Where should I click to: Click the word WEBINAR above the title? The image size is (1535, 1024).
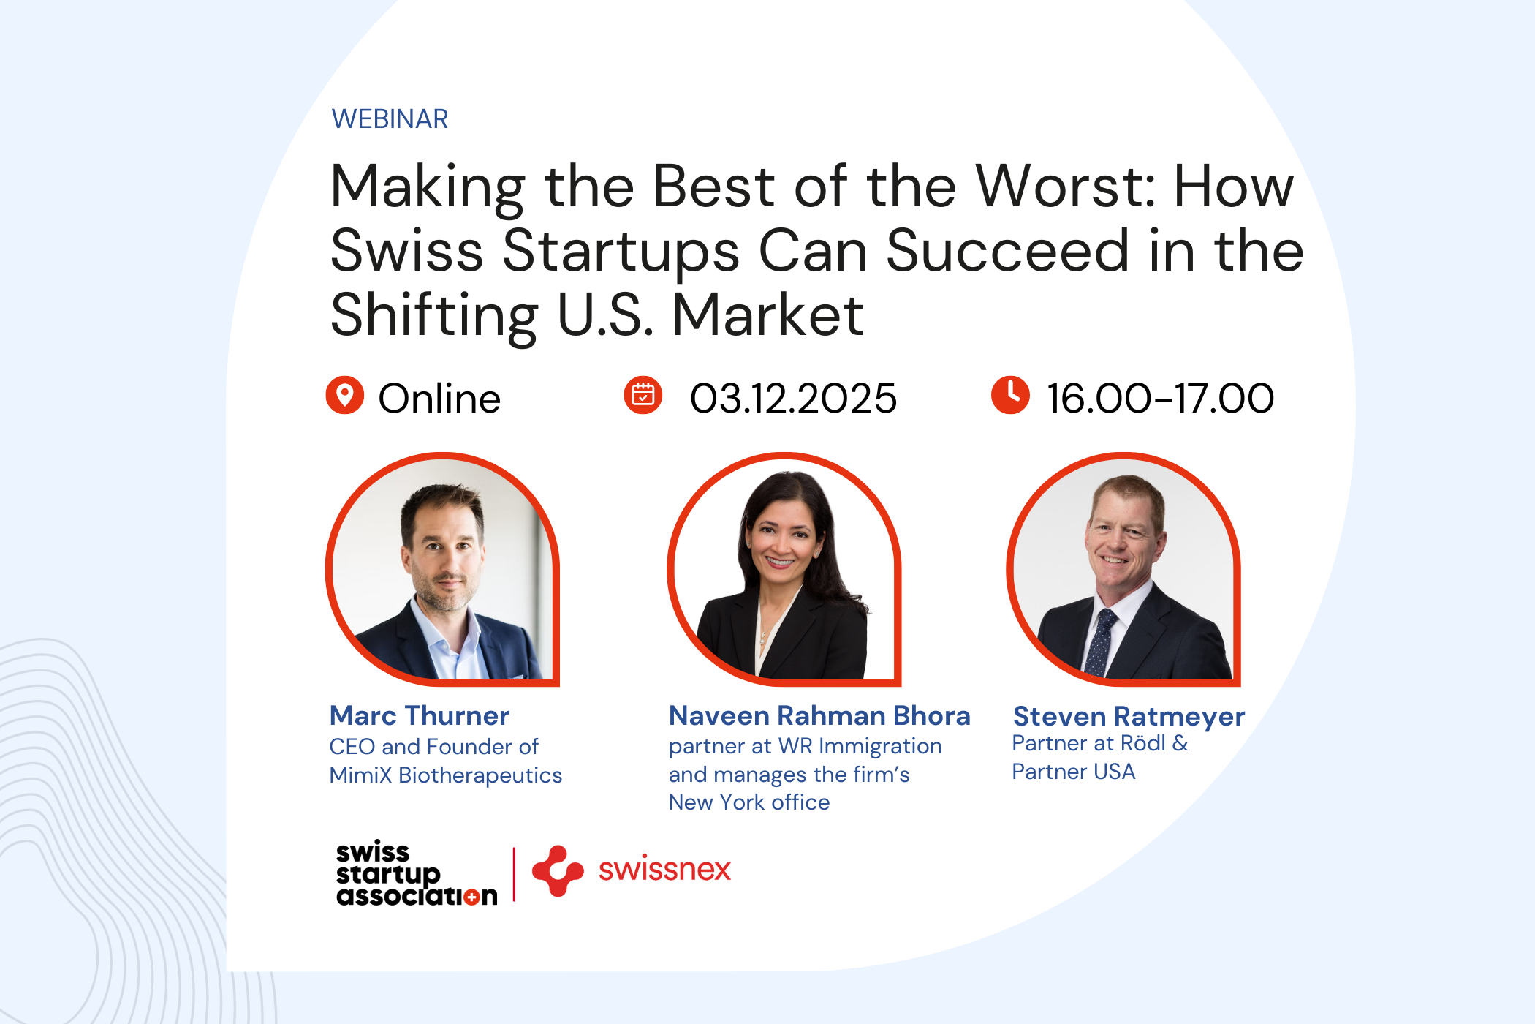(390, 119)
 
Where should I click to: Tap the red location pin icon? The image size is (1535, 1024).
(345, 396)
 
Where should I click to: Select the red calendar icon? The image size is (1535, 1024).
(643, 396)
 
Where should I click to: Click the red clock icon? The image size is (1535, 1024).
(1010, 396)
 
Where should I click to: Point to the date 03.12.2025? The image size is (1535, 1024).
(793, 399)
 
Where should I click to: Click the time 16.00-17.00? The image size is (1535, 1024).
(1161, 399)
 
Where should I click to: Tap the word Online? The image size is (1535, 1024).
(439, 399)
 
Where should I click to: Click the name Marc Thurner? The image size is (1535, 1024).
(420, 715)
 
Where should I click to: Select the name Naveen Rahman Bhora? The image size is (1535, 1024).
(819, 715)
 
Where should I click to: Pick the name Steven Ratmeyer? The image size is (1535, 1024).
(1129, 717)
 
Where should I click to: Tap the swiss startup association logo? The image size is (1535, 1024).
(417, 873)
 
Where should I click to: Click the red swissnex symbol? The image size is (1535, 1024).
(558, 870)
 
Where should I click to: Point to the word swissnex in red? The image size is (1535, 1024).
(664, 869)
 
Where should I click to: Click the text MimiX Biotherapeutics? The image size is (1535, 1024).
(446, 775)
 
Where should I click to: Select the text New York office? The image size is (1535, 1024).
(749, 802)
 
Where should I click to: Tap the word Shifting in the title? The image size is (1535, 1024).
(434, 316)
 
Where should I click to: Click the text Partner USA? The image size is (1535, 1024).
(1074, 772)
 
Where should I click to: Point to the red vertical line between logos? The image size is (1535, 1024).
(515, 874)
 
